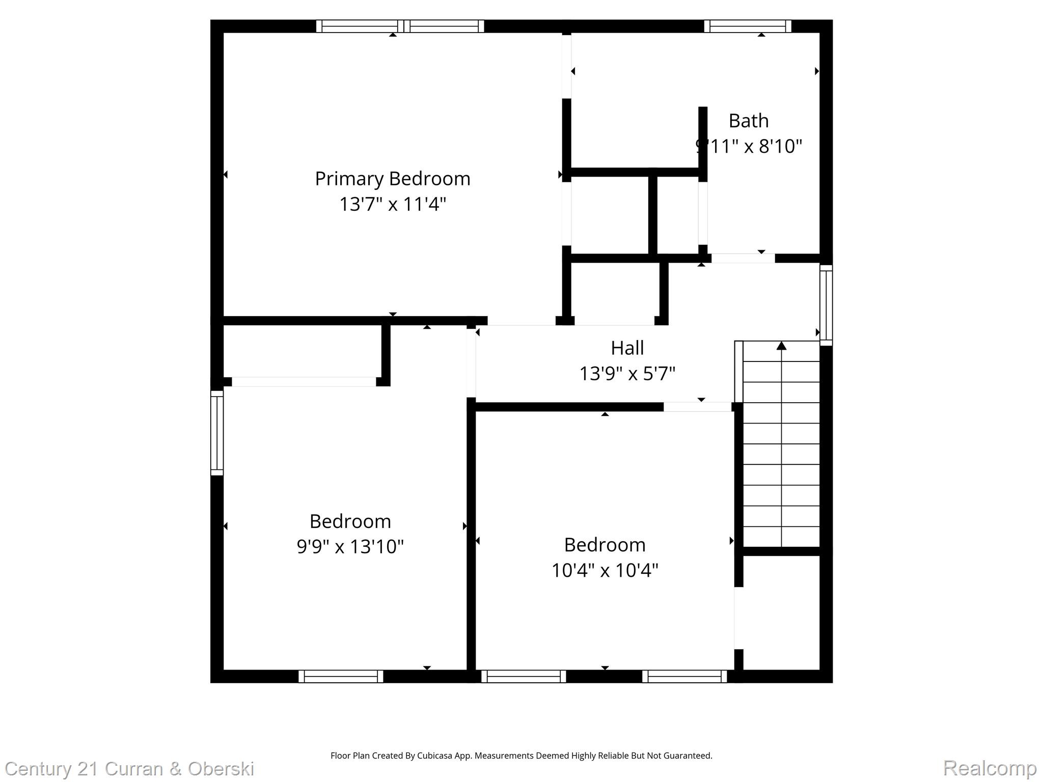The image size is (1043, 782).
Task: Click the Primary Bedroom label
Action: [x=392, y=179]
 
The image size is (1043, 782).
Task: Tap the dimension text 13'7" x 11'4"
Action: [x=392, y=204]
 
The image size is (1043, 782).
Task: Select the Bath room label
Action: [x=748, y=121]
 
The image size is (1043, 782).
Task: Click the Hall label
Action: [x=627, y=348]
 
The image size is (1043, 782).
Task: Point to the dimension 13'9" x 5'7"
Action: [x=627, y=374]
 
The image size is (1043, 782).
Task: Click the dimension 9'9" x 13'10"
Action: [x=350, y=547]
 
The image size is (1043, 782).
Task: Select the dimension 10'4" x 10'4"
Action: [x=605, y=570]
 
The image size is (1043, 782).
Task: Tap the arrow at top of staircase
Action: [x=781, y=346]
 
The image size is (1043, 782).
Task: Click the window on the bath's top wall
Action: [x=747, y=26]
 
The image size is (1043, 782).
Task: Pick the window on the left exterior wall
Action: [x=217, y=433]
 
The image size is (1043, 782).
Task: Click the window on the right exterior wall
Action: [x=826, y=305]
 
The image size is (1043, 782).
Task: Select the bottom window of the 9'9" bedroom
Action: [x=341, y=676]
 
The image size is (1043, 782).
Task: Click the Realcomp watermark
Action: [x=990, y=768]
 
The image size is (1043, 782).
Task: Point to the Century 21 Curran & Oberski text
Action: [x=129, y=769]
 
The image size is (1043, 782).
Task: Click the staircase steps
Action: [x=781, y=448]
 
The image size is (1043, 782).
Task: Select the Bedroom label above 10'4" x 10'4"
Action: [x=605, y=545]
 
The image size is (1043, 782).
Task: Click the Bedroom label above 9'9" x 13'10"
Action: [x=350, y=521]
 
